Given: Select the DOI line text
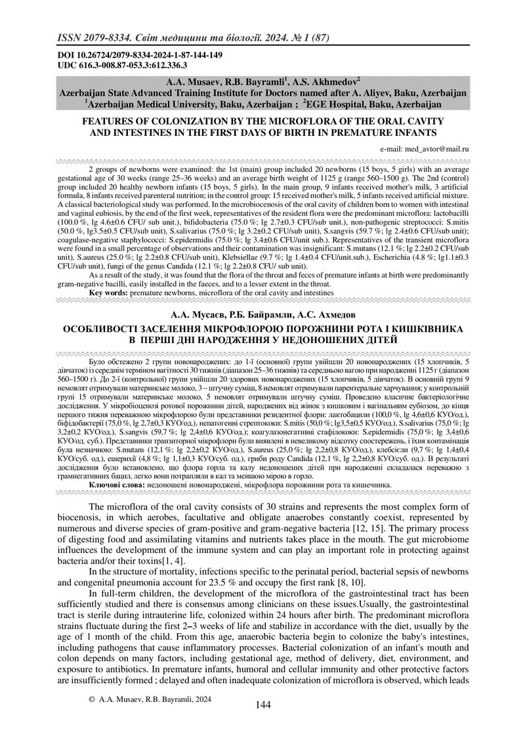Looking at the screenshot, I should coord(136,55).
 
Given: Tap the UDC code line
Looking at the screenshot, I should coord(123,65).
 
